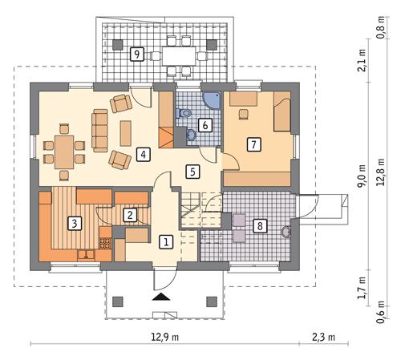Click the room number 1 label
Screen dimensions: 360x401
(165, 241)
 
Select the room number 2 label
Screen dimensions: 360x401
(130, 214)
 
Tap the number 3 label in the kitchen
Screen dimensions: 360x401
(74, 223)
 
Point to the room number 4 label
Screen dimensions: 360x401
(142, 154)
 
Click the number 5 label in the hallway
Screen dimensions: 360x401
(192, 170)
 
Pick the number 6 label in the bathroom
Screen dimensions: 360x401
(205, 125)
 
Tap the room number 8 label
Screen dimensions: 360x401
(260, 226)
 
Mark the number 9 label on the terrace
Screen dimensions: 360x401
(137, 54)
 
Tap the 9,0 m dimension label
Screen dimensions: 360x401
(362, 178)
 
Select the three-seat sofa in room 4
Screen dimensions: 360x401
(100, 131)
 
